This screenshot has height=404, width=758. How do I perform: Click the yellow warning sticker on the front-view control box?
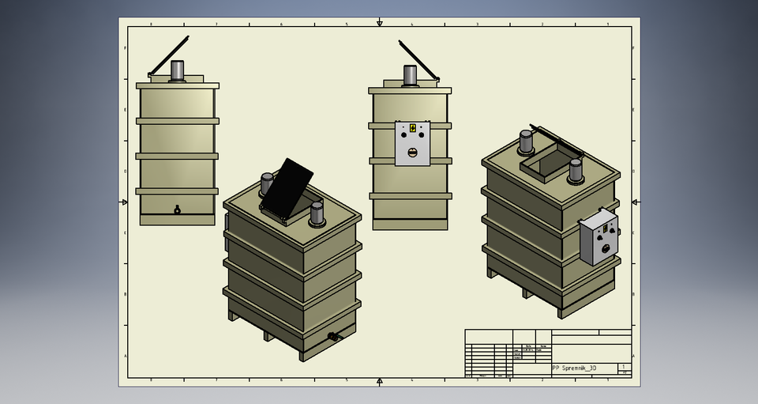click(412, 128)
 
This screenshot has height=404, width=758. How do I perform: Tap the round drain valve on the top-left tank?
click(177, 210)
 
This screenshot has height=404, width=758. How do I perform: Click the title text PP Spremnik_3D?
click(574, 368)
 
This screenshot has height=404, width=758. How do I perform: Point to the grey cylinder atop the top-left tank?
click(177, 70)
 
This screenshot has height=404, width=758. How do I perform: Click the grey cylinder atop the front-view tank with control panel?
click(411, 74)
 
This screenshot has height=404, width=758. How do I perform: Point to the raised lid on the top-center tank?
click(418, 60)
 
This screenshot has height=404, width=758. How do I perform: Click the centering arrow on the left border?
click(124, 202)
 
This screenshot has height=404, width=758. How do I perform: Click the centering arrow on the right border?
click(635, 202)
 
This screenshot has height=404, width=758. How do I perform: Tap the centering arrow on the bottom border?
click(380, 381)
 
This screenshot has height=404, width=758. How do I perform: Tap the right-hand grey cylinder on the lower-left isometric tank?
click(317, 213)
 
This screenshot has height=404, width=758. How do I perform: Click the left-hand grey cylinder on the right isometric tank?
click(526, 142)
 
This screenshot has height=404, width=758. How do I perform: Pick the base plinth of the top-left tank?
click(177, 220)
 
